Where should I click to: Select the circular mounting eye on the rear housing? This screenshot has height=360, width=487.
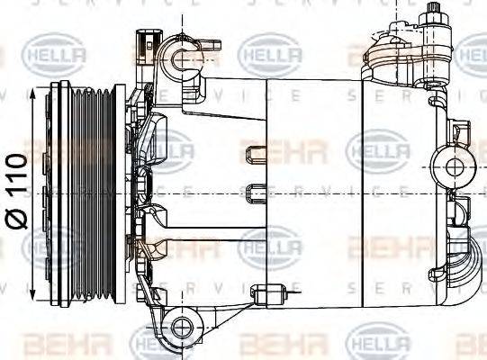click(x=450, y=166)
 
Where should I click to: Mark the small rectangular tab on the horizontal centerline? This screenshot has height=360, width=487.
click(x=251, y=193)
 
